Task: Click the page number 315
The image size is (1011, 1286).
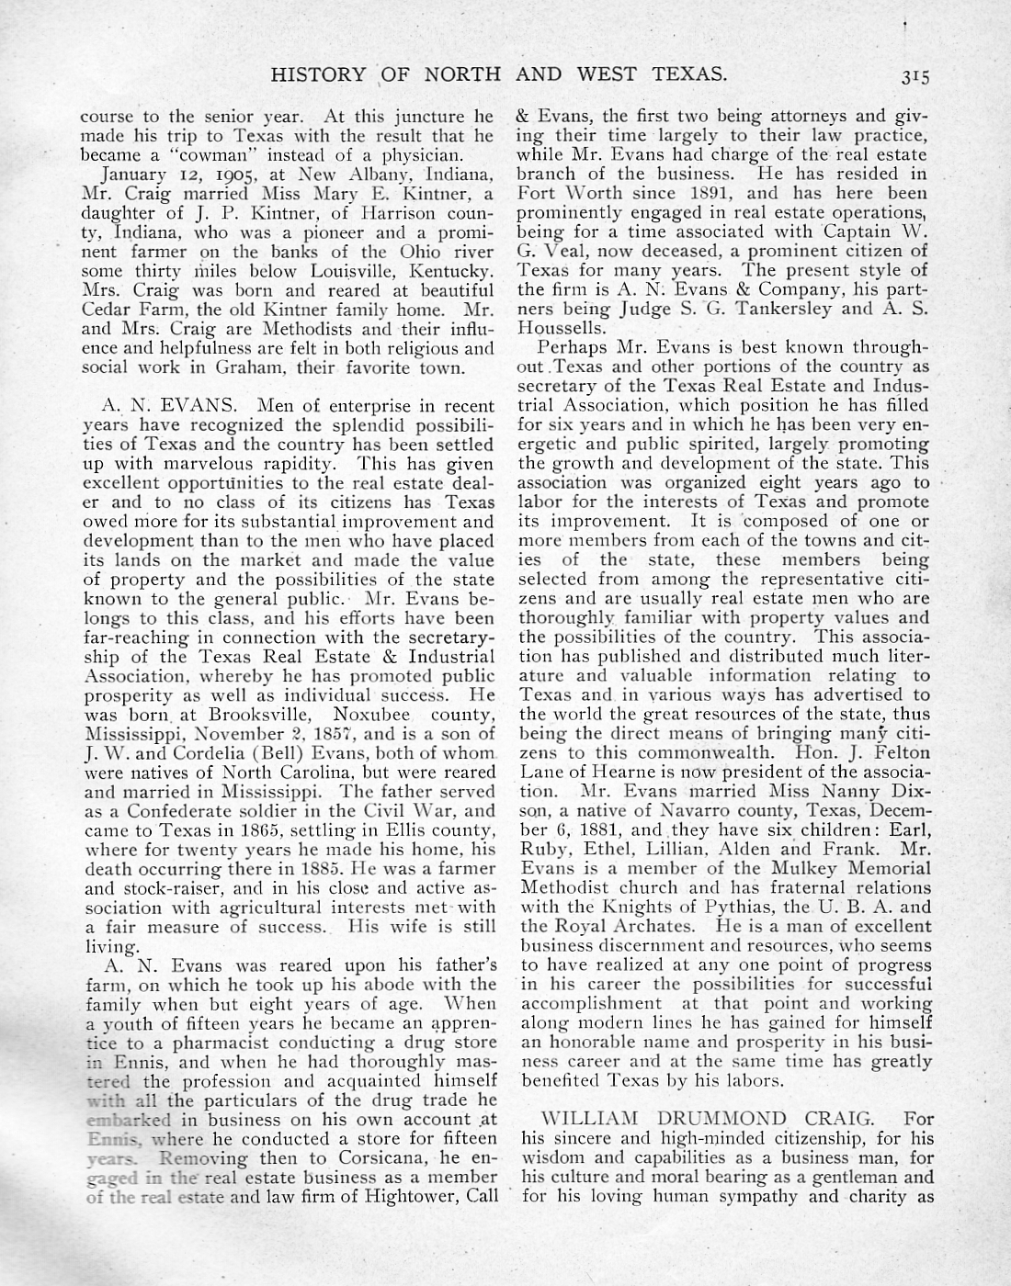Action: coord(915,77)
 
